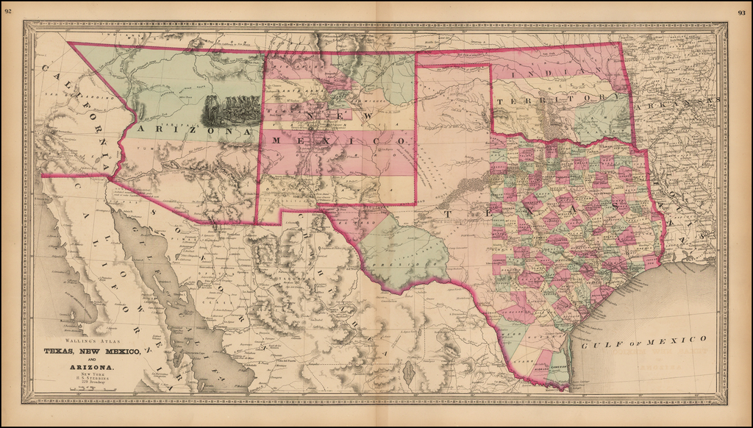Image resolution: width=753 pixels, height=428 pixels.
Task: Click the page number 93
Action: (740, 12)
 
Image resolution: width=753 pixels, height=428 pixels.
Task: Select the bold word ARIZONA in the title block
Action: (91, 366)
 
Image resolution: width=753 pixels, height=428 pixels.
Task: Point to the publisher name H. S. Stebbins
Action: (92, 378)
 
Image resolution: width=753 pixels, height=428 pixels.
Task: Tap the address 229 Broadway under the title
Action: (92, 383)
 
